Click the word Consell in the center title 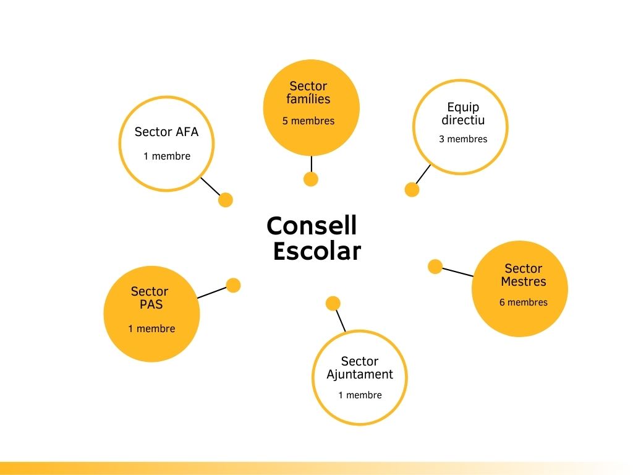312,226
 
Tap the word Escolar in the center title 316,252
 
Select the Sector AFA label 166,132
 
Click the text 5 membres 308,121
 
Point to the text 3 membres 463,139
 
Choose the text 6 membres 524,302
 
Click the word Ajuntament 360,375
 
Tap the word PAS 151,304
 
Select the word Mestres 524,282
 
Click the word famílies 308,99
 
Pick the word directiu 463,120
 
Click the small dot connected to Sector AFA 226,200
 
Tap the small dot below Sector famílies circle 311,179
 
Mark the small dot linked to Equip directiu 412,190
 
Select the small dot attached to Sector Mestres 435,267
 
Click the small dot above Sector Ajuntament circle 333,303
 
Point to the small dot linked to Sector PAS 233,285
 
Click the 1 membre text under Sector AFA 167,156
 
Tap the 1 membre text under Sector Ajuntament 360,395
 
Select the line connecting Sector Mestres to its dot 457,272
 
